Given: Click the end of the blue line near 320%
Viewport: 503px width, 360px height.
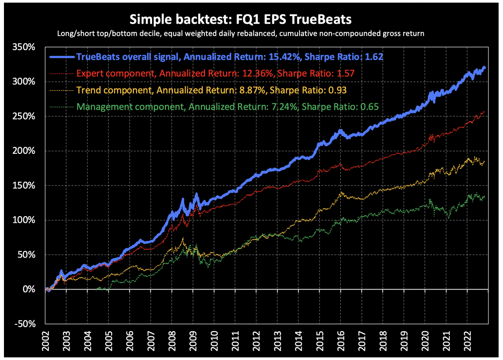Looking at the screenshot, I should coord(484,68).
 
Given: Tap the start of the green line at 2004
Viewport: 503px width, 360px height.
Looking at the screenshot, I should coord(97,289).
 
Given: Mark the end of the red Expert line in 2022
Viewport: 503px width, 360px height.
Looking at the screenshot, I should coord(484,112).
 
